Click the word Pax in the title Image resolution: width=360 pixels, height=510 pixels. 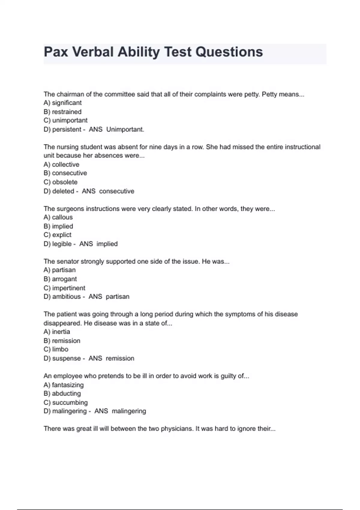(x=56, y=52)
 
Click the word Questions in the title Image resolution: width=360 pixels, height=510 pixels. (x=229, y=52)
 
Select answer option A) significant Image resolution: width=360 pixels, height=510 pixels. (x=62, y=103)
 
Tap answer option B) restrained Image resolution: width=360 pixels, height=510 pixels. (x=62, y=112)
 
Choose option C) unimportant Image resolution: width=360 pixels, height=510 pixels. (x=65, y=120)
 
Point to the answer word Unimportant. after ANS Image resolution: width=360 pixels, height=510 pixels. (x=125, y=130)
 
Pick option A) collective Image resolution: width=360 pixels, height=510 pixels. (x=61, y=165)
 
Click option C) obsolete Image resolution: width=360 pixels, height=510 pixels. (x=60, y=182)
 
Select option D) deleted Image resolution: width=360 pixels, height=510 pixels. (x=59, y=191)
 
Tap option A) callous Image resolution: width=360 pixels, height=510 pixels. (x=58, y=217)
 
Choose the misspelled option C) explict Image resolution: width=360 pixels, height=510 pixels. (x=57, y=235)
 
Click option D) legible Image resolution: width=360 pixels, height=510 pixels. (x=58, y=244)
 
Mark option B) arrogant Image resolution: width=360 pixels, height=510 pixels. (x=60, y=279)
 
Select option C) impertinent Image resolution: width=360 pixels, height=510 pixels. (x=64, y=288)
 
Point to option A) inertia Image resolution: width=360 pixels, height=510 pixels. (x=57, y=332)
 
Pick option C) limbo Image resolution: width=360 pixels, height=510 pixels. (x=56, y=349)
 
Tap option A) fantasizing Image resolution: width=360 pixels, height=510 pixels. (x=63, y=385)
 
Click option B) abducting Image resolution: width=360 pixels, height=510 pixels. (x=62, y=394)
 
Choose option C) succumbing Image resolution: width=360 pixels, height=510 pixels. (x=65, y=403)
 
